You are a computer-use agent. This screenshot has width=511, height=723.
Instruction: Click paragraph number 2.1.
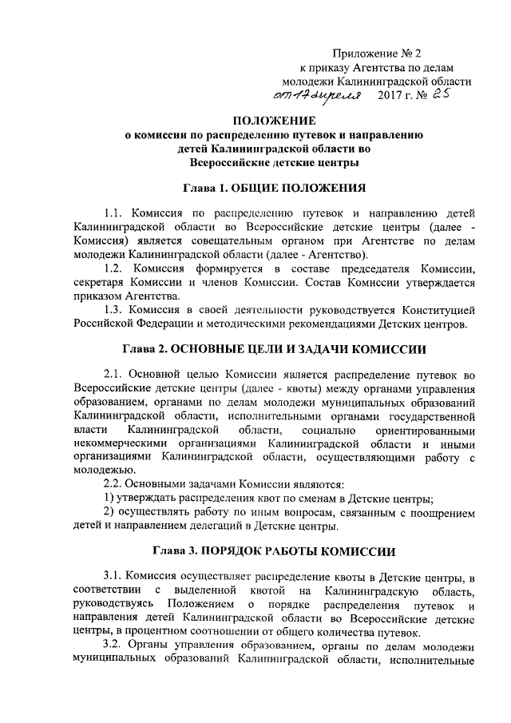(115, 375)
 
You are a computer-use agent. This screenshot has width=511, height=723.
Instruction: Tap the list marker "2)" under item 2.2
(111, 513)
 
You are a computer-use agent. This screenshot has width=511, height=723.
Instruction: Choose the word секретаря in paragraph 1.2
(101, 281)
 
